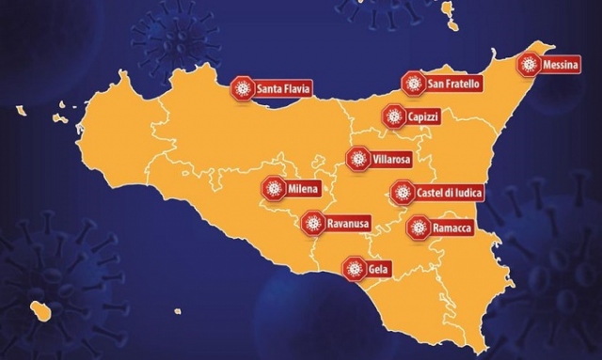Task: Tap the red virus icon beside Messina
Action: pyautogui.click(x=530, y=65)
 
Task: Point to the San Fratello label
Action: pyautogui.click(x=453, y=84)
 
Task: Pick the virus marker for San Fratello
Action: pyautogui.click(x=413, y=84)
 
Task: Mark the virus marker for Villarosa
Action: pyautogui.click(x=357, y=160)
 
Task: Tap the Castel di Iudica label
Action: pyautogui.click(x=449, y=194)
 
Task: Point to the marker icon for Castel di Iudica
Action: pyautogui.click(x=402, y=194)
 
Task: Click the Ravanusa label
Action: pyautogui.click(x=347, y=224)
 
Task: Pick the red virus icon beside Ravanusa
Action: pyautogui.click(x=312, y=224)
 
